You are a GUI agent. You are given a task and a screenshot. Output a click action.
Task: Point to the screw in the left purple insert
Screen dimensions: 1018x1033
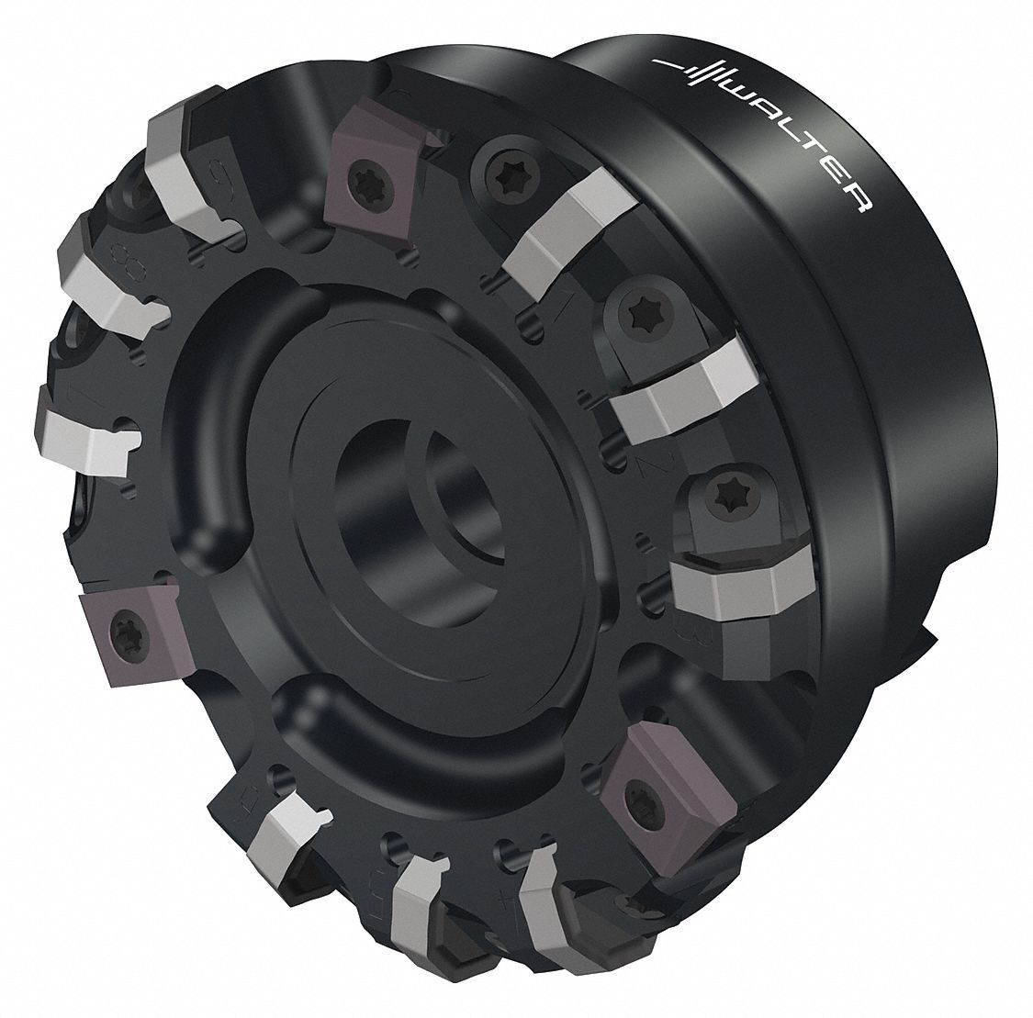[x=118, y=630]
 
